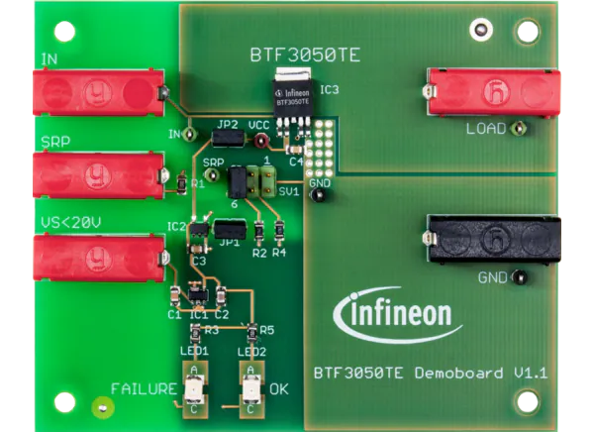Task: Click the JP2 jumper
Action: [x=228, y=139]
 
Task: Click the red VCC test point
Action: [x=260, y=142]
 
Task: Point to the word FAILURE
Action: [x=144, y=389]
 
